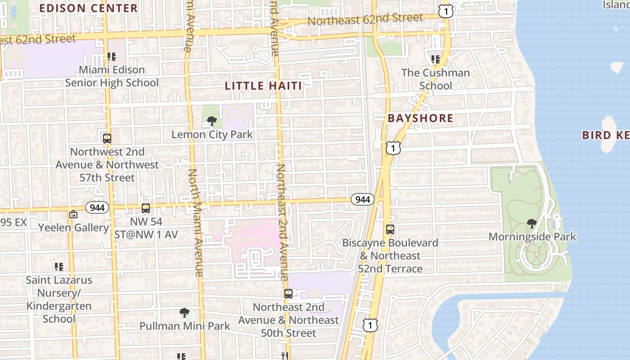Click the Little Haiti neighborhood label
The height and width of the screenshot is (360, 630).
(263, 85)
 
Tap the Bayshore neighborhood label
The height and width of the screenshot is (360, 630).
(420, 118)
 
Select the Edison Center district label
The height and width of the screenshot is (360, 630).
(89, 8)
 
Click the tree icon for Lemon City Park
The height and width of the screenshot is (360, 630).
(211, 121)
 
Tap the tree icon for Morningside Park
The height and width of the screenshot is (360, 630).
(532, 223)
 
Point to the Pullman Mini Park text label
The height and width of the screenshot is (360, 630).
(184, 326)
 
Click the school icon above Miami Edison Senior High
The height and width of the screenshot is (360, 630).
(112, 57)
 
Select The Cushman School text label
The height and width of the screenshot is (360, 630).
(435, 79)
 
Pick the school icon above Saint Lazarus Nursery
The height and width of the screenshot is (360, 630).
(59, 266)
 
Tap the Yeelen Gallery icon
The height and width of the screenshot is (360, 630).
(73, 214)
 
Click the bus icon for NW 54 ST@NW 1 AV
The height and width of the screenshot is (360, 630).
(146, 208)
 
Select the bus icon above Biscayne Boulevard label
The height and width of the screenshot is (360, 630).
(390, 229)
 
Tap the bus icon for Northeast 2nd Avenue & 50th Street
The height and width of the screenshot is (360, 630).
(288, 294)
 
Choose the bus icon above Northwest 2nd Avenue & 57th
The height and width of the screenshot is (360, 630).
(107, 139)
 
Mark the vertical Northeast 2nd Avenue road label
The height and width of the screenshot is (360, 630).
(283, 222)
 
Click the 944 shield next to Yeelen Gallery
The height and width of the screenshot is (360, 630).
(96, 207)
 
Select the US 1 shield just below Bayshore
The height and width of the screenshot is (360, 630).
(393, 148)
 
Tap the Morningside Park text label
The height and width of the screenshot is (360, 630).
(532, 237)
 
